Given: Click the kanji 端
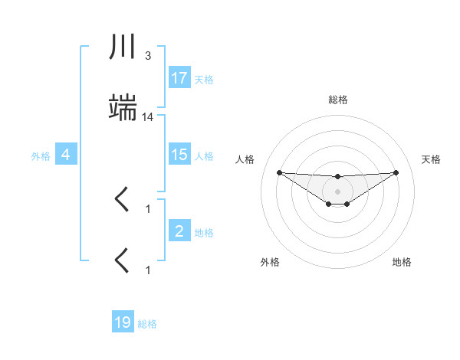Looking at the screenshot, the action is pos(123,110).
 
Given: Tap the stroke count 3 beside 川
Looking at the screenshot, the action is pos(147,55).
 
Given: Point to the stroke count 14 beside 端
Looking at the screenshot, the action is pos(148,117).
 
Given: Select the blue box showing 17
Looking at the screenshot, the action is pos(179,77).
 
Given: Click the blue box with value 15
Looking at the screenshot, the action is pos(179,154).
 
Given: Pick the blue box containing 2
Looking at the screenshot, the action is pos(179,231).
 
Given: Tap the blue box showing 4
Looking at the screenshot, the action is pos(66,155).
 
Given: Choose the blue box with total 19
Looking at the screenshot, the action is pos(123,322).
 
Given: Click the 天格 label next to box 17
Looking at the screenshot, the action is pos(204,79).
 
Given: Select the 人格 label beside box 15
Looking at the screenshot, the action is pos(204,155).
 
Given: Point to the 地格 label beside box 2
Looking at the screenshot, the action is pos(204,233).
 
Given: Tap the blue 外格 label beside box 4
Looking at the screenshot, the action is pos(41,156).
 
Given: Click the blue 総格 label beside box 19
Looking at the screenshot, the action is pos(147,324).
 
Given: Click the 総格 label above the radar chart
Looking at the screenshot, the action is pos(338,100).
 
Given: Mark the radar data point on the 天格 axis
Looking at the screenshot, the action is pos(396,172).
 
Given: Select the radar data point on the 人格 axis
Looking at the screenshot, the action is pos(279,172).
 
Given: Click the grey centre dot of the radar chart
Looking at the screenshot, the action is pos(337,191).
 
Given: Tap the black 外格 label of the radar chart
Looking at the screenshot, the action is pos(270,262).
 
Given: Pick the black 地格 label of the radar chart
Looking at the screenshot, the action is pos(402,262).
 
